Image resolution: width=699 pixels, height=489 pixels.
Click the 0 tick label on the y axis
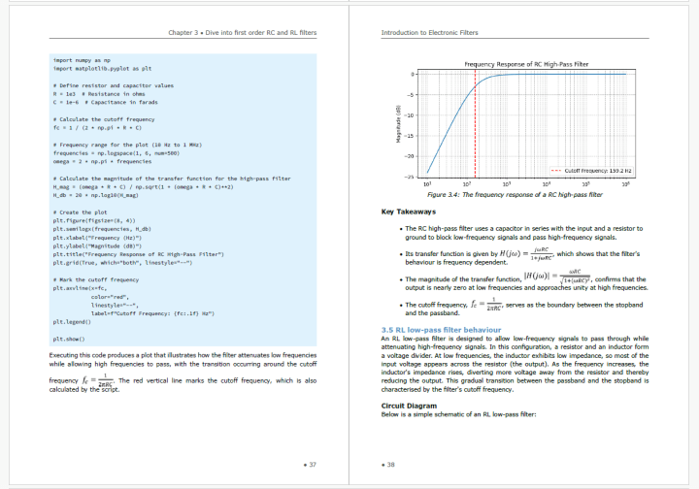click(x=414, y=74)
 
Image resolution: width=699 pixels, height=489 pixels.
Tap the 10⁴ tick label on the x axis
click(x=548, y=183)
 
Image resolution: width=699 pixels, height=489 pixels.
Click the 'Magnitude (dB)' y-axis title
click(x=398, y=124)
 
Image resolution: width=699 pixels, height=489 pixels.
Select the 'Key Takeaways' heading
click(x=409, y=212)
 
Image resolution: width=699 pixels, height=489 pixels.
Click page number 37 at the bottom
click(x=310, y=466)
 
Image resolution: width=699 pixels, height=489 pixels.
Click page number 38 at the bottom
click(x=388, y=466)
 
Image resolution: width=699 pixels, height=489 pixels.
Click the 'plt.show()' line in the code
click(x=69, y=339)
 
